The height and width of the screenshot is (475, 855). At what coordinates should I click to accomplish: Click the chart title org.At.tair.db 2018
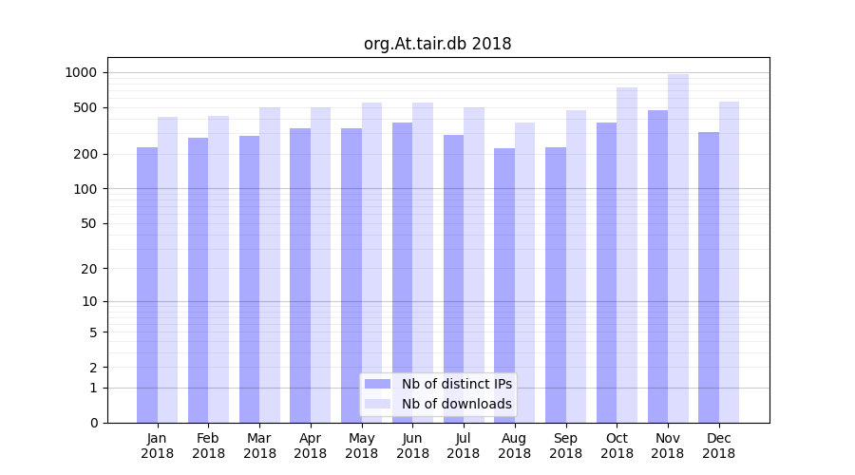point(437,44)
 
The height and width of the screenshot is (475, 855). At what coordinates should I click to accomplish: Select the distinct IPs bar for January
point(147,285)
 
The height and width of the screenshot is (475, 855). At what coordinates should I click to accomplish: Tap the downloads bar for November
point(678,248)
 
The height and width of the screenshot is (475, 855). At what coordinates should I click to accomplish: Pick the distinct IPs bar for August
point(504,285)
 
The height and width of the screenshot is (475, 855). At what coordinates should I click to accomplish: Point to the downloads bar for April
point(321,265)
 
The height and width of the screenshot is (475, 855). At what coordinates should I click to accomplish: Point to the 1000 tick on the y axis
point(81,72)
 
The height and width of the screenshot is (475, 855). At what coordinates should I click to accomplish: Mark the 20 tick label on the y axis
point(88,269)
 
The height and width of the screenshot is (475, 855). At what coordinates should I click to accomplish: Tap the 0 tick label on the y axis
point(93,423)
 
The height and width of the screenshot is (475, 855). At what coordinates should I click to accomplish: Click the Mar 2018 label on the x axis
point(259,446)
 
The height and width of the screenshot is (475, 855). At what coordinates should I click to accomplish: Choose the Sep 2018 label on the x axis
point(565,446)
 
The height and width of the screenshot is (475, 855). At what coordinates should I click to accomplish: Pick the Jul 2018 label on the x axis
point(464,446)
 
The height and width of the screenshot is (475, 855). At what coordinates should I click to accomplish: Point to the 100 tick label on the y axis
point(85,189)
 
